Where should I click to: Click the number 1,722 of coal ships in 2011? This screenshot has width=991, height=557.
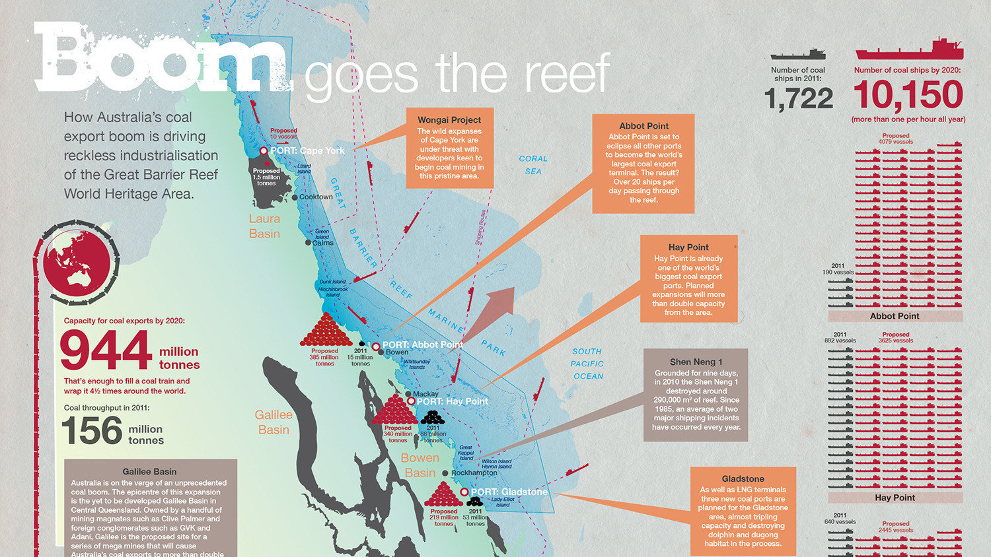(798, 99)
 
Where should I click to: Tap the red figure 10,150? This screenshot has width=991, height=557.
(908, 95)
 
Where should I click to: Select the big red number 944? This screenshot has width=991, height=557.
(106, 350)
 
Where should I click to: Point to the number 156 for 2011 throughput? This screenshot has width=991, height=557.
(92, 432)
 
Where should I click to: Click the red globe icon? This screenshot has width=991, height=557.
(76, 261)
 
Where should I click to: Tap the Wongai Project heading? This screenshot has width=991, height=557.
(449, 120)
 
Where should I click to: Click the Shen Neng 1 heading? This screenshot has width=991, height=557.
(696, 362)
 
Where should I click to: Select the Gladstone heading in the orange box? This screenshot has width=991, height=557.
(743, 478)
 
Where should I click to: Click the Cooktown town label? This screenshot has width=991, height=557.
(316, 197)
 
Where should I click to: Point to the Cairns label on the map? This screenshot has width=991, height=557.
(322, 243)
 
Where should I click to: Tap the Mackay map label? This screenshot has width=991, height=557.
(425, 394)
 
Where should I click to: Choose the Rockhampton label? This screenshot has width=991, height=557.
(474, 473)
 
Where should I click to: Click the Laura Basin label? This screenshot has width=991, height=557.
(264, 226)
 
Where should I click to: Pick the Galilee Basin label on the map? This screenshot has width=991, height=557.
(274, 422)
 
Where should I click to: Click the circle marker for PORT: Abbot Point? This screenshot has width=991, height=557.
(376, 346)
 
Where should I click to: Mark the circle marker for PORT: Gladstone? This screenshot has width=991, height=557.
(464, 492)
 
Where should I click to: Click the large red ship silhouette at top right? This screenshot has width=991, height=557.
(909, 51)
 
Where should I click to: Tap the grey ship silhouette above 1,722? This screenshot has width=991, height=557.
(798, 54)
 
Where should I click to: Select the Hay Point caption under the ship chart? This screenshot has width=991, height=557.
(895, 498)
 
